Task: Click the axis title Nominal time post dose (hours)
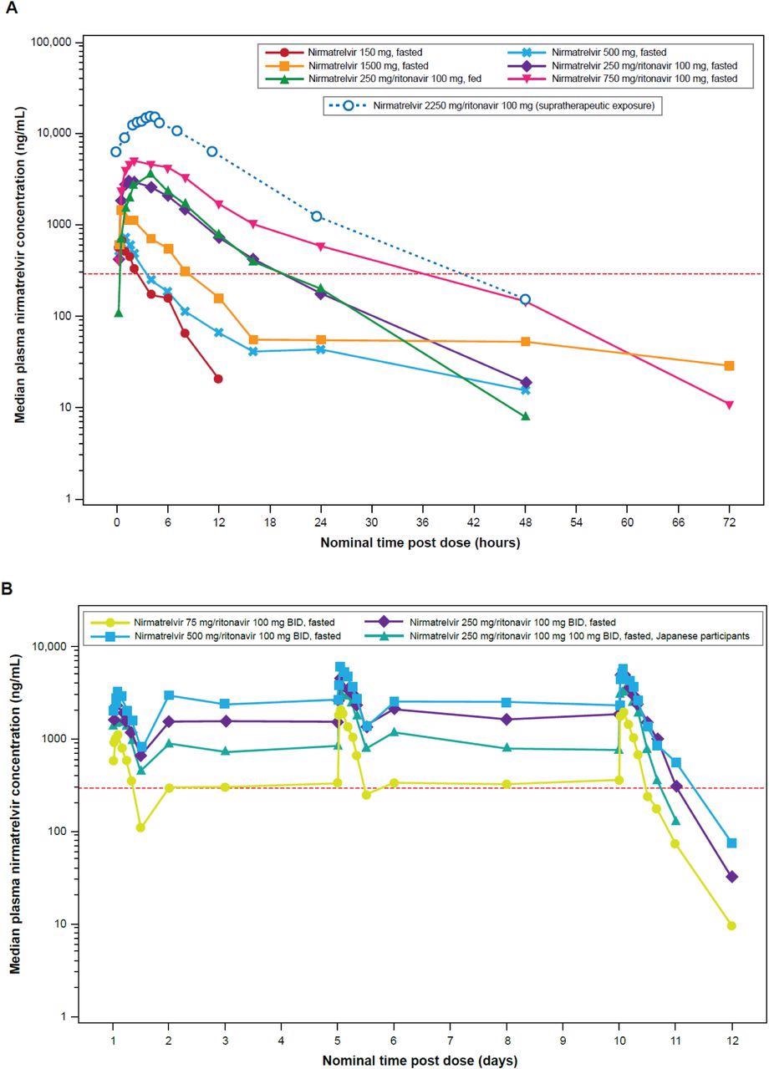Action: click(x=420, y=542)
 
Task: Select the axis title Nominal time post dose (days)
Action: click(x=420, y=1061)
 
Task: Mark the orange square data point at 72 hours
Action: click(x=729, y=365)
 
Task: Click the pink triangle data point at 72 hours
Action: click(x=729, y=405)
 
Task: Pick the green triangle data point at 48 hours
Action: click(x=525, y=415)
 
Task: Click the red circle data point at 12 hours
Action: click(x=218, y=379)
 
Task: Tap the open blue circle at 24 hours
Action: click(x=317, y=216)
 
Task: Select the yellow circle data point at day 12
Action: click(x=731, y=925)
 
